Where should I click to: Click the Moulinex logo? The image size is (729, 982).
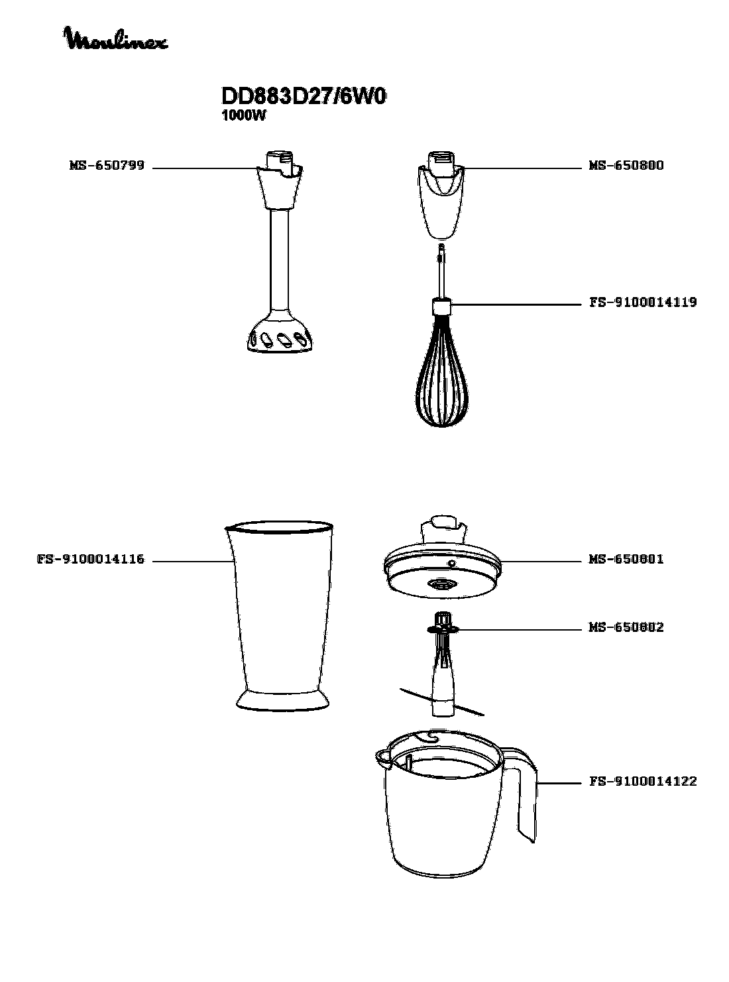[x=117, y=38]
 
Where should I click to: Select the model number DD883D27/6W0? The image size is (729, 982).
[x=303, y=96]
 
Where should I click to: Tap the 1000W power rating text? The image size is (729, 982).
[x=243, y=116]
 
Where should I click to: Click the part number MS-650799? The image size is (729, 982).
[x=107, y=166]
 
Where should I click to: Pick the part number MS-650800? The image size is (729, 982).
[x=626, y=166]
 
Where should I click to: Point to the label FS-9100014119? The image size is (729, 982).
[x=643, y=302]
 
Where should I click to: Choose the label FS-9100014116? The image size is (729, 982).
[x=91, y=559]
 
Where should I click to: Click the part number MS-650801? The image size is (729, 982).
[x=626, y=559]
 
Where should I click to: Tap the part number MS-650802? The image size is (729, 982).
[x=626, y=627]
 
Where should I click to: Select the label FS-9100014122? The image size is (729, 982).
[x=643, y=782]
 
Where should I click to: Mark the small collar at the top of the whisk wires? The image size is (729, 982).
[x=442, y=307]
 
